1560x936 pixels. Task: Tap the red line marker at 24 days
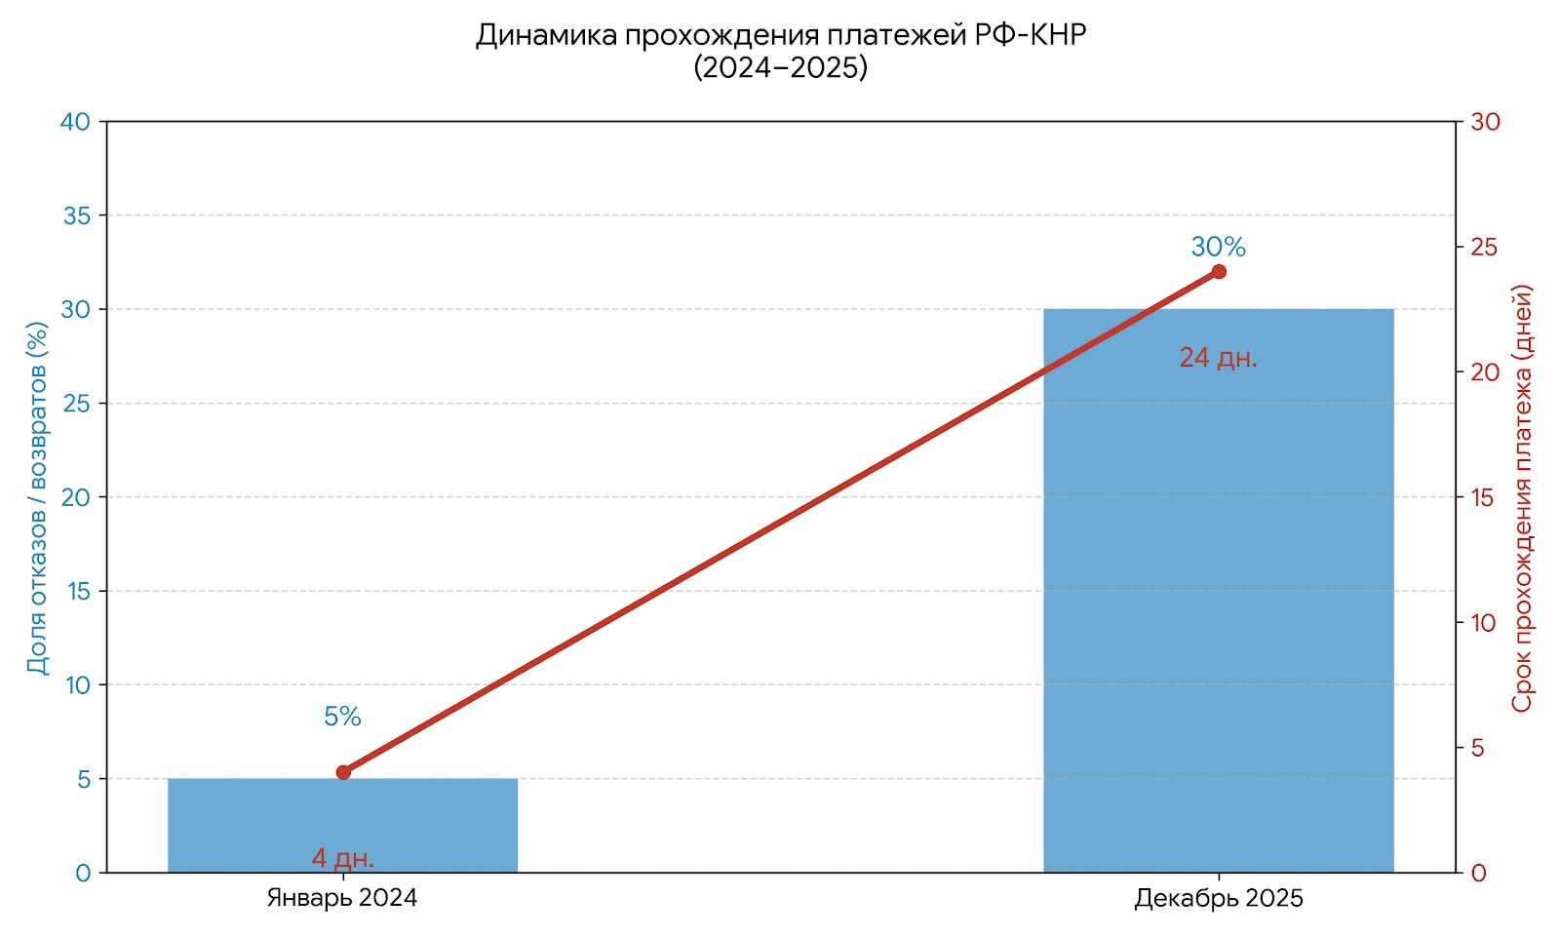[x=1219, y=272]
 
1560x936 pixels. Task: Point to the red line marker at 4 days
[x=343, y=772]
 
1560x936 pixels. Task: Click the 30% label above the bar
[x=1218, y=248]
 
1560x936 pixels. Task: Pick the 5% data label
[x=342, y=718]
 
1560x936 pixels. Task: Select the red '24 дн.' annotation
[x=1218, y=359]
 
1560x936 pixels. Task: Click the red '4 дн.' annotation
[x=342, y=859]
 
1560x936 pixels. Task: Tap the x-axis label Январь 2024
[x=342, y=899]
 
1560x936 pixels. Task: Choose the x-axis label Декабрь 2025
[x=1218, y=899]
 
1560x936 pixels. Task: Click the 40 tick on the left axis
[x=75, y=122]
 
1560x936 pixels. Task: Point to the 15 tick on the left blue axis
[x=77, y=592]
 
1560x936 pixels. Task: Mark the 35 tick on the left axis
[x=76, y=216]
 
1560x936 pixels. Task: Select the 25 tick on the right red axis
[x=1484, y=248]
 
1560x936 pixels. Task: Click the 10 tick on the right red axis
[x=1483, y=623]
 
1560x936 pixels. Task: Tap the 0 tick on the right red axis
[x=1479, y=874]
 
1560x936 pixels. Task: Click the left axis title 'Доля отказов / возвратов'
[x=37, y=497]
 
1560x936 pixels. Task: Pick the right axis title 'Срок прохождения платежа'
[x=1522, y=497]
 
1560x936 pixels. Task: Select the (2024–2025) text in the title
[x=780, y=68]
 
